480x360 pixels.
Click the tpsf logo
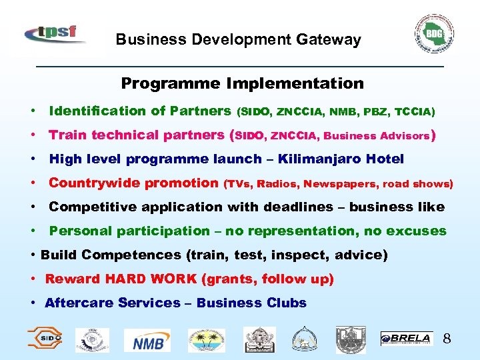tap(55, 33)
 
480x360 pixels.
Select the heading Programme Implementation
tap(242, 83)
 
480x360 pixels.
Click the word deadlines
tap(297, 207)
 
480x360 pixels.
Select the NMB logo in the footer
tap(151, 340)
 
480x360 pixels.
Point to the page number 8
tap(447, 339)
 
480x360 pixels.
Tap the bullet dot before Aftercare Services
tap(33, 303)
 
